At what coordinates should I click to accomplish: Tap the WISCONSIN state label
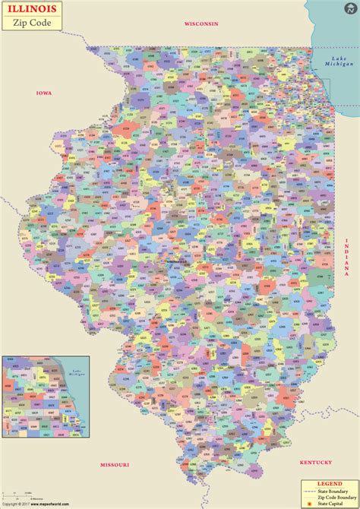[x=201, y=24]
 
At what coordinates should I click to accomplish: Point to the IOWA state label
[x=44, y=93]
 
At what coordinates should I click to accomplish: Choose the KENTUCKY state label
[x=316, y=463]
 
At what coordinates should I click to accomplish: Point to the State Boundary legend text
[x=334, y=491]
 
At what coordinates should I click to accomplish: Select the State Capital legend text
[x=333, y=503]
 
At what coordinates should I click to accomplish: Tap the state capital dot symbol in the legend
[x=310, y=503]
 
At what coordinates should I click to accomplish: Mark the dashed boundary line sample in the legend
[x=310, y=491]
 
